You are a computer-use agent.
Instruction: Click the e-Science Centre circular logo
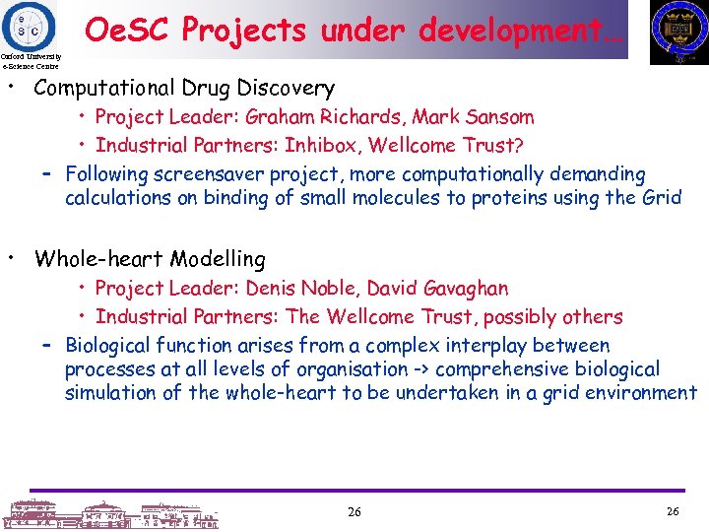pos(30,25)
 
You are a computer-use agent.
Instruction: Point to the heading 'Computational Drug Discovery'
pos(184,89)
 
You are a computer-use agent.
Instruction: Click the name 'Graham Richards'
pos(322,117)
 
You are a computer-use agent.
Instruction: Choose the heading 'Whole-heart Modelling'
pos(150,260)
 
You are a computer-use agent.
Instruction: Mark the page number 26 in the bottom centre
pos(354,512)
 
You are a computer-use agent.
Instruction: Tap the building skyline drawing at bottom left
pos(108,513)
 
